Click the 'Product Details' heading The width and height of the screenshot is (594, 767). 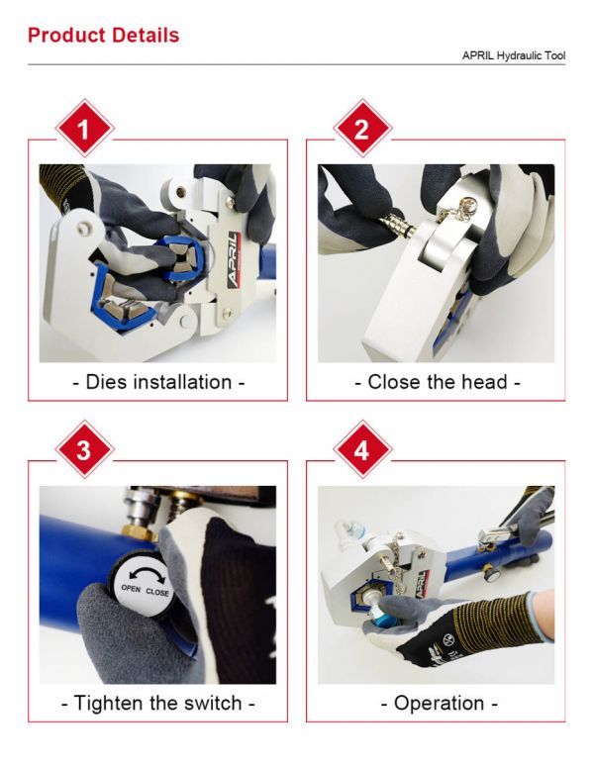point(103,36)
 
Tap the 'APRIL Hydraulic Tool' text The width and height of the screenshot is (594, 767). point(514,55)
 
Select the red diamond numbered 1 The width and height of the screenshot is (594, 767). point(85,129)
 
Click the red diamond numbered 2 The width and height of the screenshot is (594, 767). point(362,129)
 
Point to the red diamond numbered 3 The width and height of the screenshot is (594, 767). point(85,449)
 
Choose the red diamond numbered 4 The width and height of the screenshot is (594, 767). point(362,449)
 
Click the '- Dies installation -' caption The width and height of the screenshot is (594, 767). point(158,382)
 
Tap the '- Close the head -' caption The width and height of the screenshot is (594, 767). point(437,382)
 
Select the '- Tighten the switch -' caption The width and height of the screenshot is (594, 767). point(158,703)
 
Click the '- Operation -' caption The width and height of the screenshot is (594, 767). point(439,703)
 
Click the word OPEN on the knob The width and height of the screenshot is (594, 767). point(131,589)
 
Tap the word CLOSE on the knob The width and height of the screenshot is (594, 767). point(157,592)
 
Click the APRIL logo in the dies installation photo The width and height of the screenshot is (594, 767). point(234,260)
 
